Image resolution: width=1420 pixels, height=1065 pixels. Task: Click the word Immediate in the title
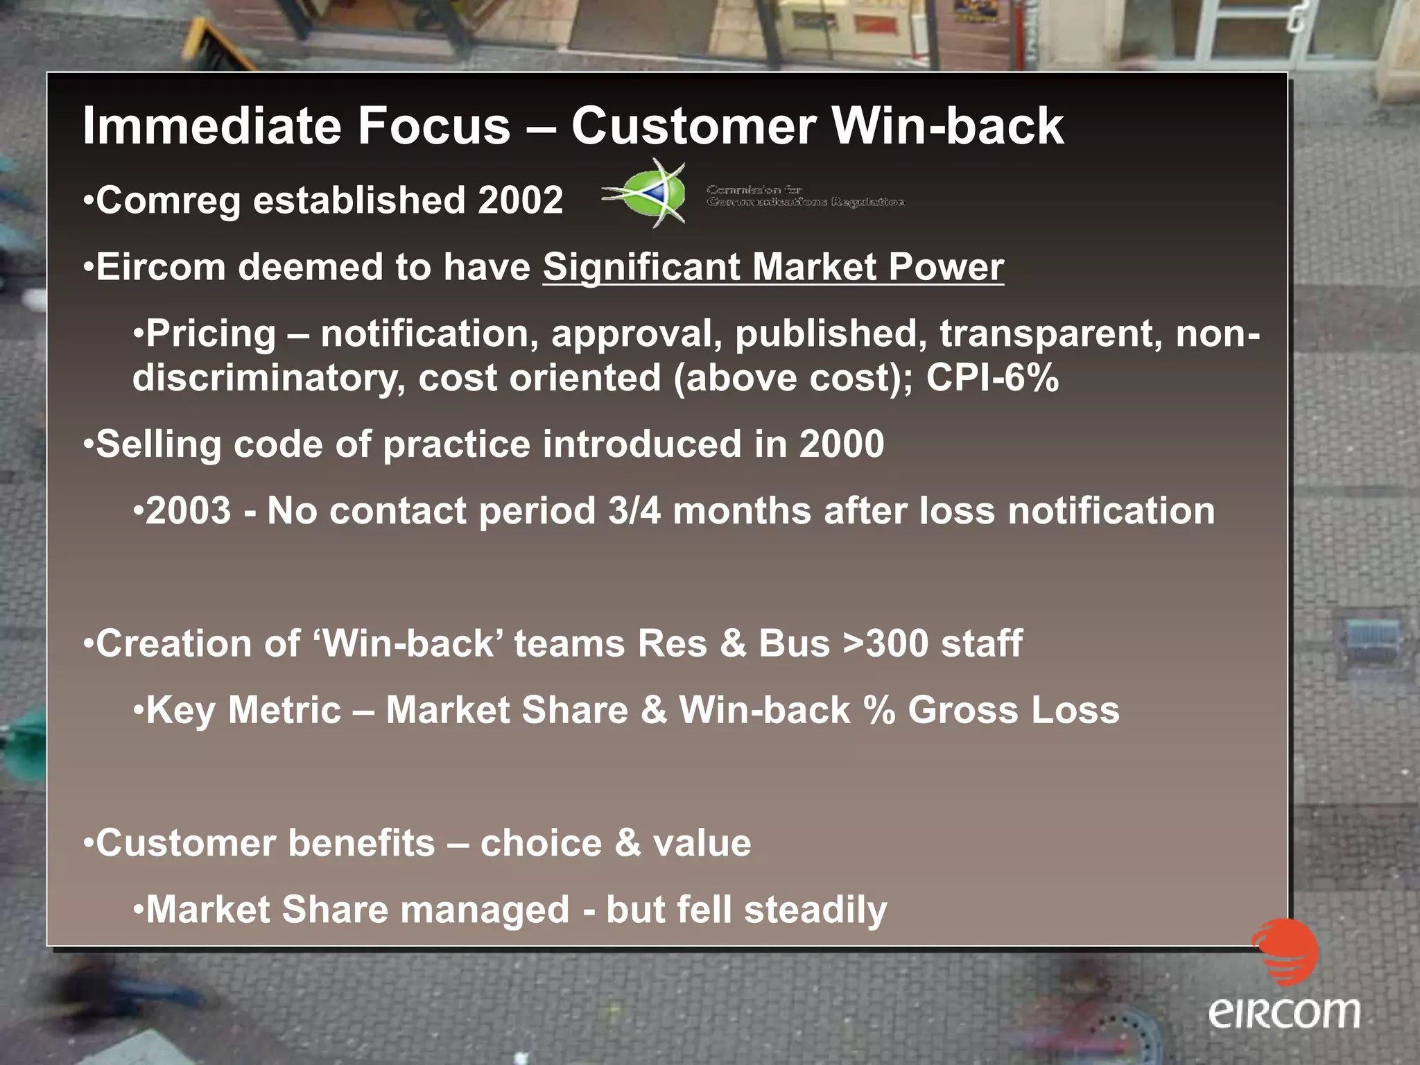(212, 126)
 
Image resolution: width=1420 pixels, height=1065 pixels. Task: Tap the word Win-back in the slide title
(947, 126)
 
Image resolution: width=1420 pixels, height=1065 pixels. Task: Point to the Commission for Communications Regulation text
(804, 196)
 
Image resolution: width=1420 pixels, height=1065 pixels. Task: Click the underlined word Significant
(641, 268)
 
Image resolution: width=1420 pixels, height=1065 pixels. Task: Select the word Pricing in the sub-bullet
(211, 334)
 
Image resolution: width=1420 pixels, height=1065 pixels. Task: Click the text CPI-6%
(992, 379)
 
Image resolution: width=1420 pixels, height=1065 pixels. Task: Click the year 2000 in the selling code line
(841, 444)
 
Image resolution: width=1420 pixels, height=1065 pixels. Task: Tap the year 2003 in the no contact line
(188, 511)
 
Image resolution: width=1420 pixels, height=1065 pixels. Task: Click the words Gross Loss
(1014, 711)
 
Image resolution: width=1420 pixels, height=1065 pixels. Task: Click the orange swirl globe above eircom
(1285, 952)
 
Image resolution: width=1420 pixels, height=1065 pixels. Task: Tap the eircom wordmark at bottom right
(1284, 1014)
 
